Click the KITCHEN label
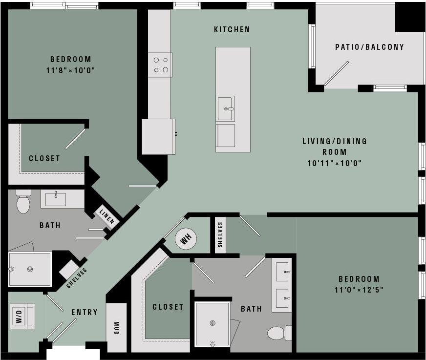click(232, 30)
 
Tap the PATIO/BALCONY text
click(369, 47)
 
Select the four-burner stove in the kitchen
click(161, 65)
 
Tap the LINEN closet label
click(106, 216)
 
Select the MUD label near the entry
click(116, 327)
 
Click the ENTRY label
click(85, 312)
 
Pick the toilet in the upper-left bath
click(23, 203)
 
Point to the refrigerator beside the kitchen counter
click(158, 136)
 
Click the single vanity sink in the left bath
click(56, 199)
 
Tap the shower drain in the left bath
click(30, 269)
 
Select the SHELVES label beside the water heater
click(220, 235)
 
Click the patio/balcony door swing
click(336, 73)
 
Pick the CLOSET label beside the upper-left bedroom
click(44, 158)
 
